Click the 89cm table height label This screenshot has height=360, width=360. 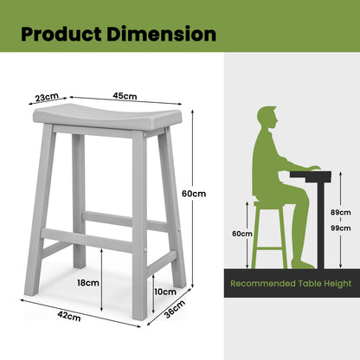pyautogui.click(x=339, y=212)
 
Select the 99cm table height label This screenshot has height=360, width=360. pyautogui.click(x=339, y=227)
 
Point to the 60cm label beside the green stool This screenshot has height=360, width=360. pyautogui.click(x=241, y=234)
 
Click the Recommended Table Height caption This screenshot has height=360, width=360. pyautogui.click(x=290, y=283)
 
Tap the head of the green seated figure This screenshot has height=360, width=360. pyautogui.click(x=267, y=118)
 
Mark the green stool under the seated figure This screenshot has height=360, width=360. pyautogui.click(x=269, y=234)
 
